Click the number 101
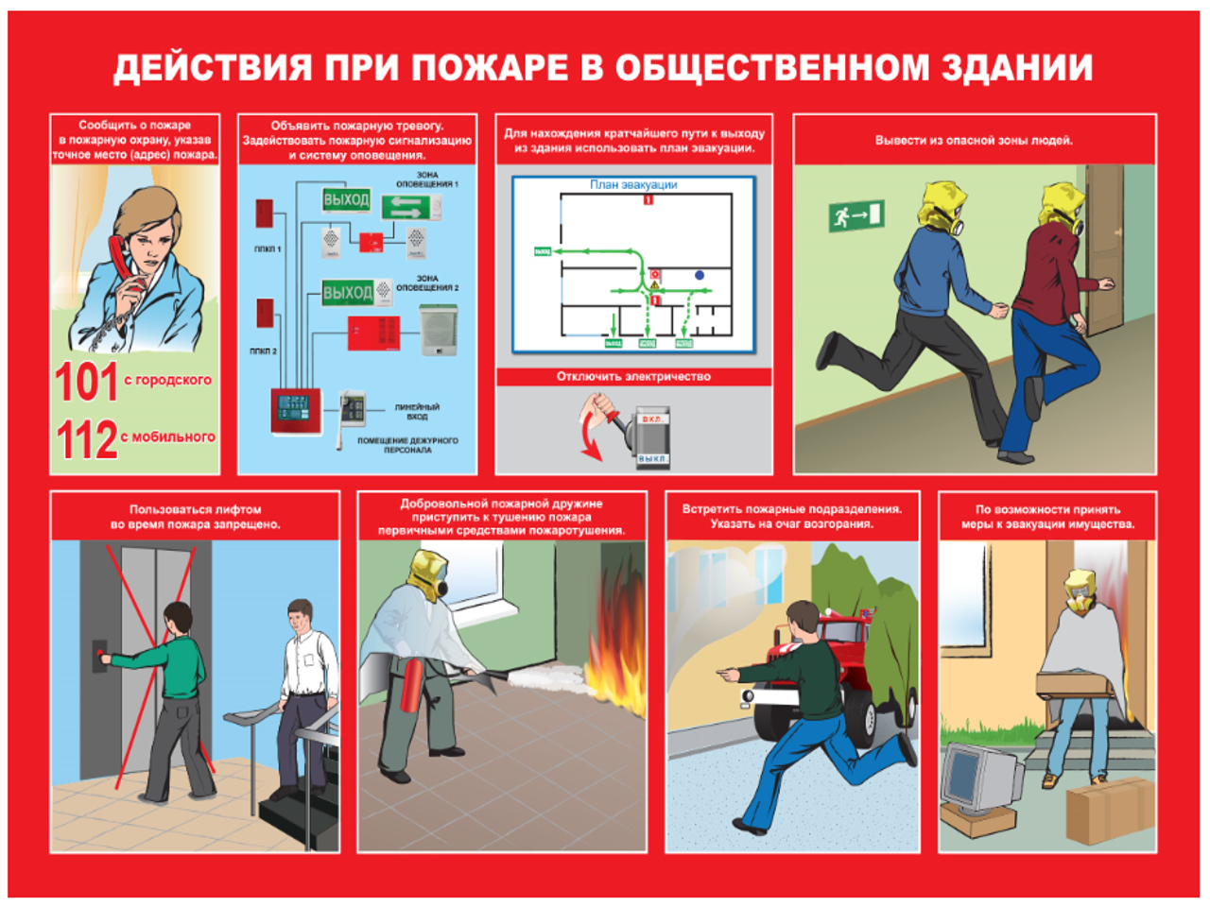(86, 382)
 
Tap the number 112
(86, 439)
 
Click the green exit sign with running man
(856, 216)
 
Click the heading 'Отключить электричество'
(633, 376)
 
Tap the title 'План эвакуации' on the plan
(633, 185)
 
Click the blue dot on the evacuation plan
(700, 275)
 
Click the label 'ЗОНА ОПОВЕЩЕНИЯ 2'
(427, 282)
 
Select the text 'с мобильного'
(168, 436)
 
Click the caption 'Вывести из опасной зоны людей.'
(974, 141)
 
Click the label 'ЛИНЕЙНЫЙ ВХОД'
(417, 412)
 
